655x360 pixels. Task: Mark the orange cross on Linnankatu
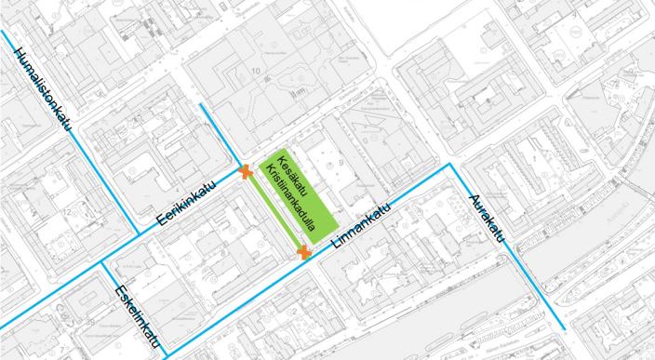point(303,251)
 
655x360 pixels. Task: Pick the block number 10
point(252,71)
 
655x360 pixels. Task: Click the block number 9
point(342,163)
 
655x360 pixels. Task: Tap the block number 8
point(223,251)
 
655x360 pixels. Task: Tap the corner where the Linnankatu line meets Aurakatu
point(451,164)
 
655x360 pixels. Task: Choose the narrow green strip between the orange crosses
point(273,212)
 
